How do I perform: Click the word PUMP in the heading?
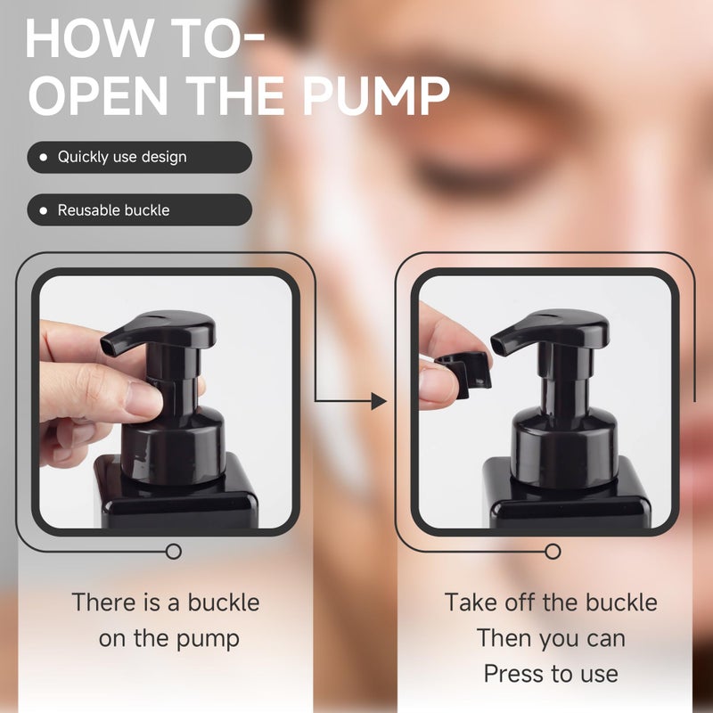pyautogui.click(x=376, y=96)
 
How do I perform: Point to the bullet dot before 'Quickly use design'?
pyautogui.click(x=43, y=158)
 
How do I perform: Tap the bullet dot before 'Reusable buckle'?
pyautogui.click(x=43, y=210)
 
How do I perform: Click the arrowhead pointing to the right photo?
pyautogui.click(x=379, y=401)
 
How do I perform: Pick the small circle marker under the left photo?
pyautogui.click(x=173, y=552)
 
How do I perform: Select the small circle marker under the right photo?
pyautogui.click(x=553, y=552)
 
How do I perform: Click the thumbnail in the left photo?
pyautogui.click(x=143, y=399)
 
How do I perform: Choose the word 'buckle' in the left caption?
pyautogui.click(x=224, y=603)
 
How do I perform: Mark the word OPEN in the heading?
pyautogui.click(x=98, y=96)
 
